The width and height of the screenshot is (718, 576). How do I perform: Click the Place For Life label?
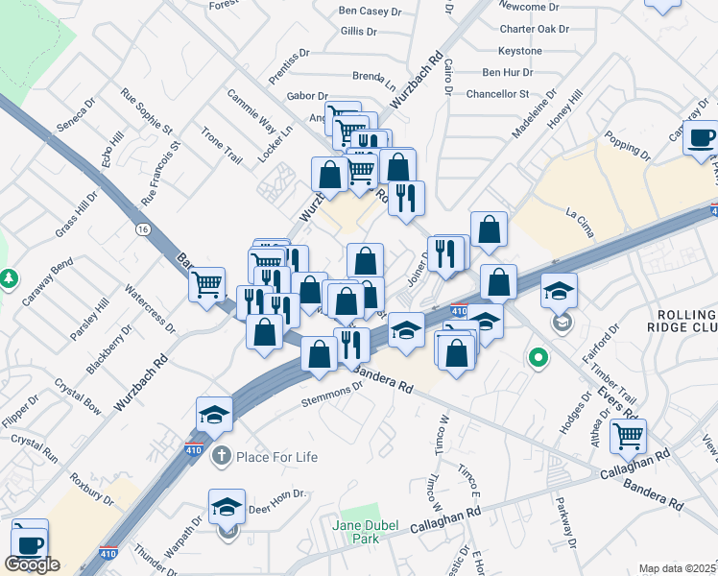pyautogui.click(x=277, y=456)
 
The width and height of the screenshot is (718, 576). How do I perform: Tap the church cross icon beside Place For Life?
pyautogui.click(x=221, y=456)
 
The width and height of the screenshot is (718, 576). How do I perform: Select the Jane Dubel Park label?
pyautogui.click(x=366, y=531)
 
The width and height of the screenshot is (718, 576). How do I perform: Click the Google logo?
pyautogui.click(x=32, y=564)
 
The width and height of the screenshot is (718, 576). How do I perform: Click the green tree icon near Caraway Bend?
pyautogui.click(x=10, y=278)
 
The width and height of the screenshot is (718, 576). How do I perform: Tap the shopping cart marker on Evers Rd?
pyautogui.click(x=629, y=437)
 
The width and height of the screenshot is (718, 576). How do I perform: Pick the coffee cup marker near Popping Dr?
pyautogui.click(x=700, y=136)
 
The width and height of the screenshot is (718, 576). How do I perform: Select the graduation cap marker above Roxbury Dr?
pyautogui.click(x=215, y=414)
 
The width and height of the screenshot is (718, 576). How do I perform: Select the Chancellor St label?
pyautogui.click(x=497, y=94)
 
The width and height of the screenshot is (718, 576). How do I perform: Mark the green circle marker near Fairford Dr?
pyautogui.click(x=538, y=359)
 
